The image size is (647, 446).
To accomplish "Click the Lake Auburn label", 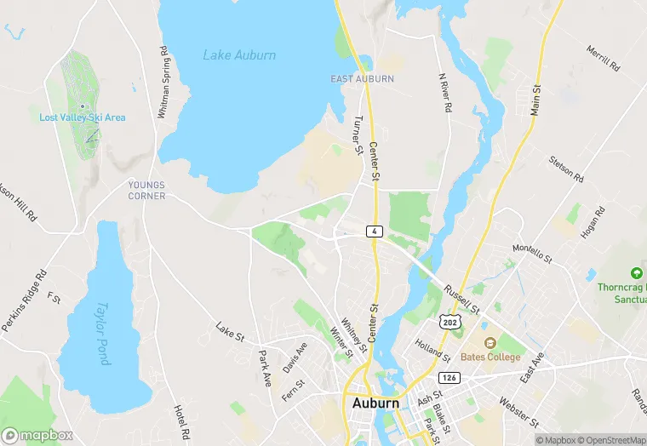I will point(239,55).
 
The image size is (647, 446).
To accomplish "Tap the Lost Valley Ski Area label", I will point(83,117).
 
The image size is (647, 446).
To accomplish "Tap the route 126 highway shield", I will point(449,376).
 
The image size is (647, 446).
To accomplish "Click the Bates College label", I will point(490,357).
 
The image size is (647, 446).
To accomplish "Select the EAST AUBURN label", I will point(362,79).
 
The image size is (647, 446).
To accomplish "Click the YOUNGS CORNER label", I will point(146,190).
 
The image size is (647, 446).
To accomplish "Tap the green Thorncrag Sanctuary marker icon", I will point(636,273).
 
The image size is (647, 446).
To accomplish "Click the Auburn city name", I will point(375,403).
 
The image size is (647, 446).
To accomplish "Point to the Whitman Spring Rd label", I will point(163,82).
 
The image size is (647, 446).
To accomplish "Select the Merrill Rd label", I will point(601,59).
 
